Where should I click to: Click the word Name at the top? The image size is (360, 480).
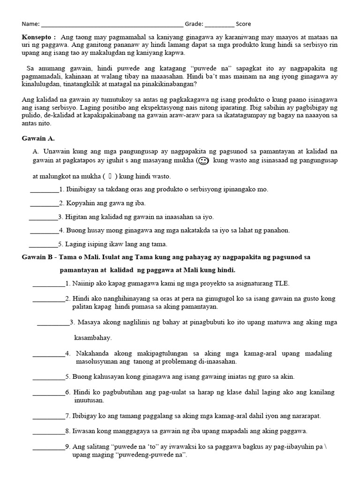click(30, 24)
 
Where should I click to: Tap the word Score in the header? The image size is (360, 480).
click(243, 24)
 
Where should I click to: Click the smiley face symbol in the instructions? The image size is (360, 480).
click(202, 161)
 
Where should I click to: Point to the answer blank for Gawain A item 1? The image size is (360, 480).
click(45, 190)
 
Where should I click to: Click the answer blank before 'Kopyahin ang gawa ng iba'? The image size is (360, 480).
click(45, 204)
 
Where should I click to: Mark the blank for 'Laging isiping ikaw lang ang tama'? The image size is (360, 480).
click(43, 245)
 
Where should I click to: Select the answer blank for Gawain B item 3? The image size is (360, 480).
click(53, 323)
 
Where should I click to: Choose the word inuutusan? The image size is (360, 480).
click(89, 401)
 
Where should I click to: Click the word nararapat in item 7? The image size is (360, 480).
click(304, 416)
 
